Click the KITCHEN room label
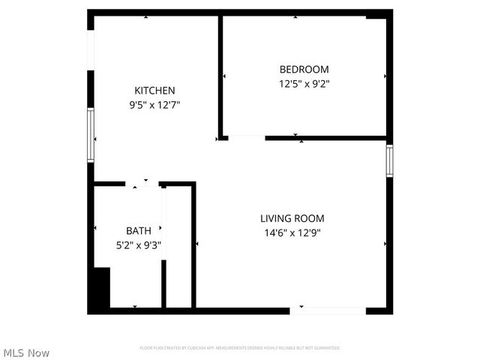point(154,91)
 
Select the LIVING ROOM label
point(292,218)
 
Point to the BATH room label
point(138,230)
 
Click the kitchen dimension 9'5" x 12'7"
point(154,105)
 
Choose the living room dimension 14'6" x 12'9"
point(292,232)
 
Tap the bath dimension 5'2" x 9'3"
point(138,244)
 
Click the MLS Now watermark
point(26,352)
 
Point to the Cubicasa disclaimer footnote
point(240,348)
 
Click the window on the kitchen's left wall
point(91,135)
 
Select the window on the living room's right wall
point(389,160)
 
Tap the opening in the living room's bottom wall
point(328,309)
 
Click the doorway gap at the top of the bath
point(142,184)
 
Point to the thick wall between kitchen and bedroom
point(220,75)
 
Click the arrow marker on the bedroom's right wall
point(385,76)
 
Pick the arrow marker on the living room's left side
point(197,244)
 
